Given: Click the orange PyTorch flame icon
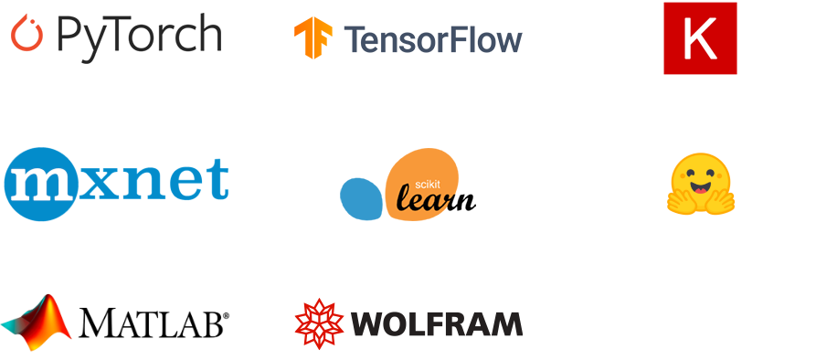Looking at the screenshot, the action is click(26, 34).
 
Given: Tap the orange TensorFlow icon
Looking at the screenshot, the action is click(313, 38).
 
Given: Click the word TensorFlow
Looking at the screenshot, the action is click(433, 40).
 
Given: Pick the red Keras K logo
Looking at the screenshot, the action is click(700, 38).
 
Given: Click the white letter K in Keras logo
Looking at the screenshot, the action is click(701, 38).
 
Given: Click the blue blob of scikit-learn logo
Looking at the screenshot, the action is click(361, 198).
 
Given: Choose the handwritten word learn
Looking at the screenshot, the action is click(436, 198).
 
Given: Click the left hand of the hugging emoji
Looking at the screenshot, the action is click(680, 202).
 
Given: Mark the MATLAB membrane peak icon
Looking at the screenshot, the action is click(36, 323).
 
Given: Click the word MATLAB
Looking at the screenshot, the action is click(151, 323).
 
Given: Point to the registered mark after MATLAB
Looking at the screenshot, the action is click(226, 315).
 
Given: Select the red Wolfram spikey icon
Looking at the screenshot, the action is click(319, 323).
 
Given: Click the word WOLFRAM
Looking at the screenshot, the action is click(437, 323).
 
